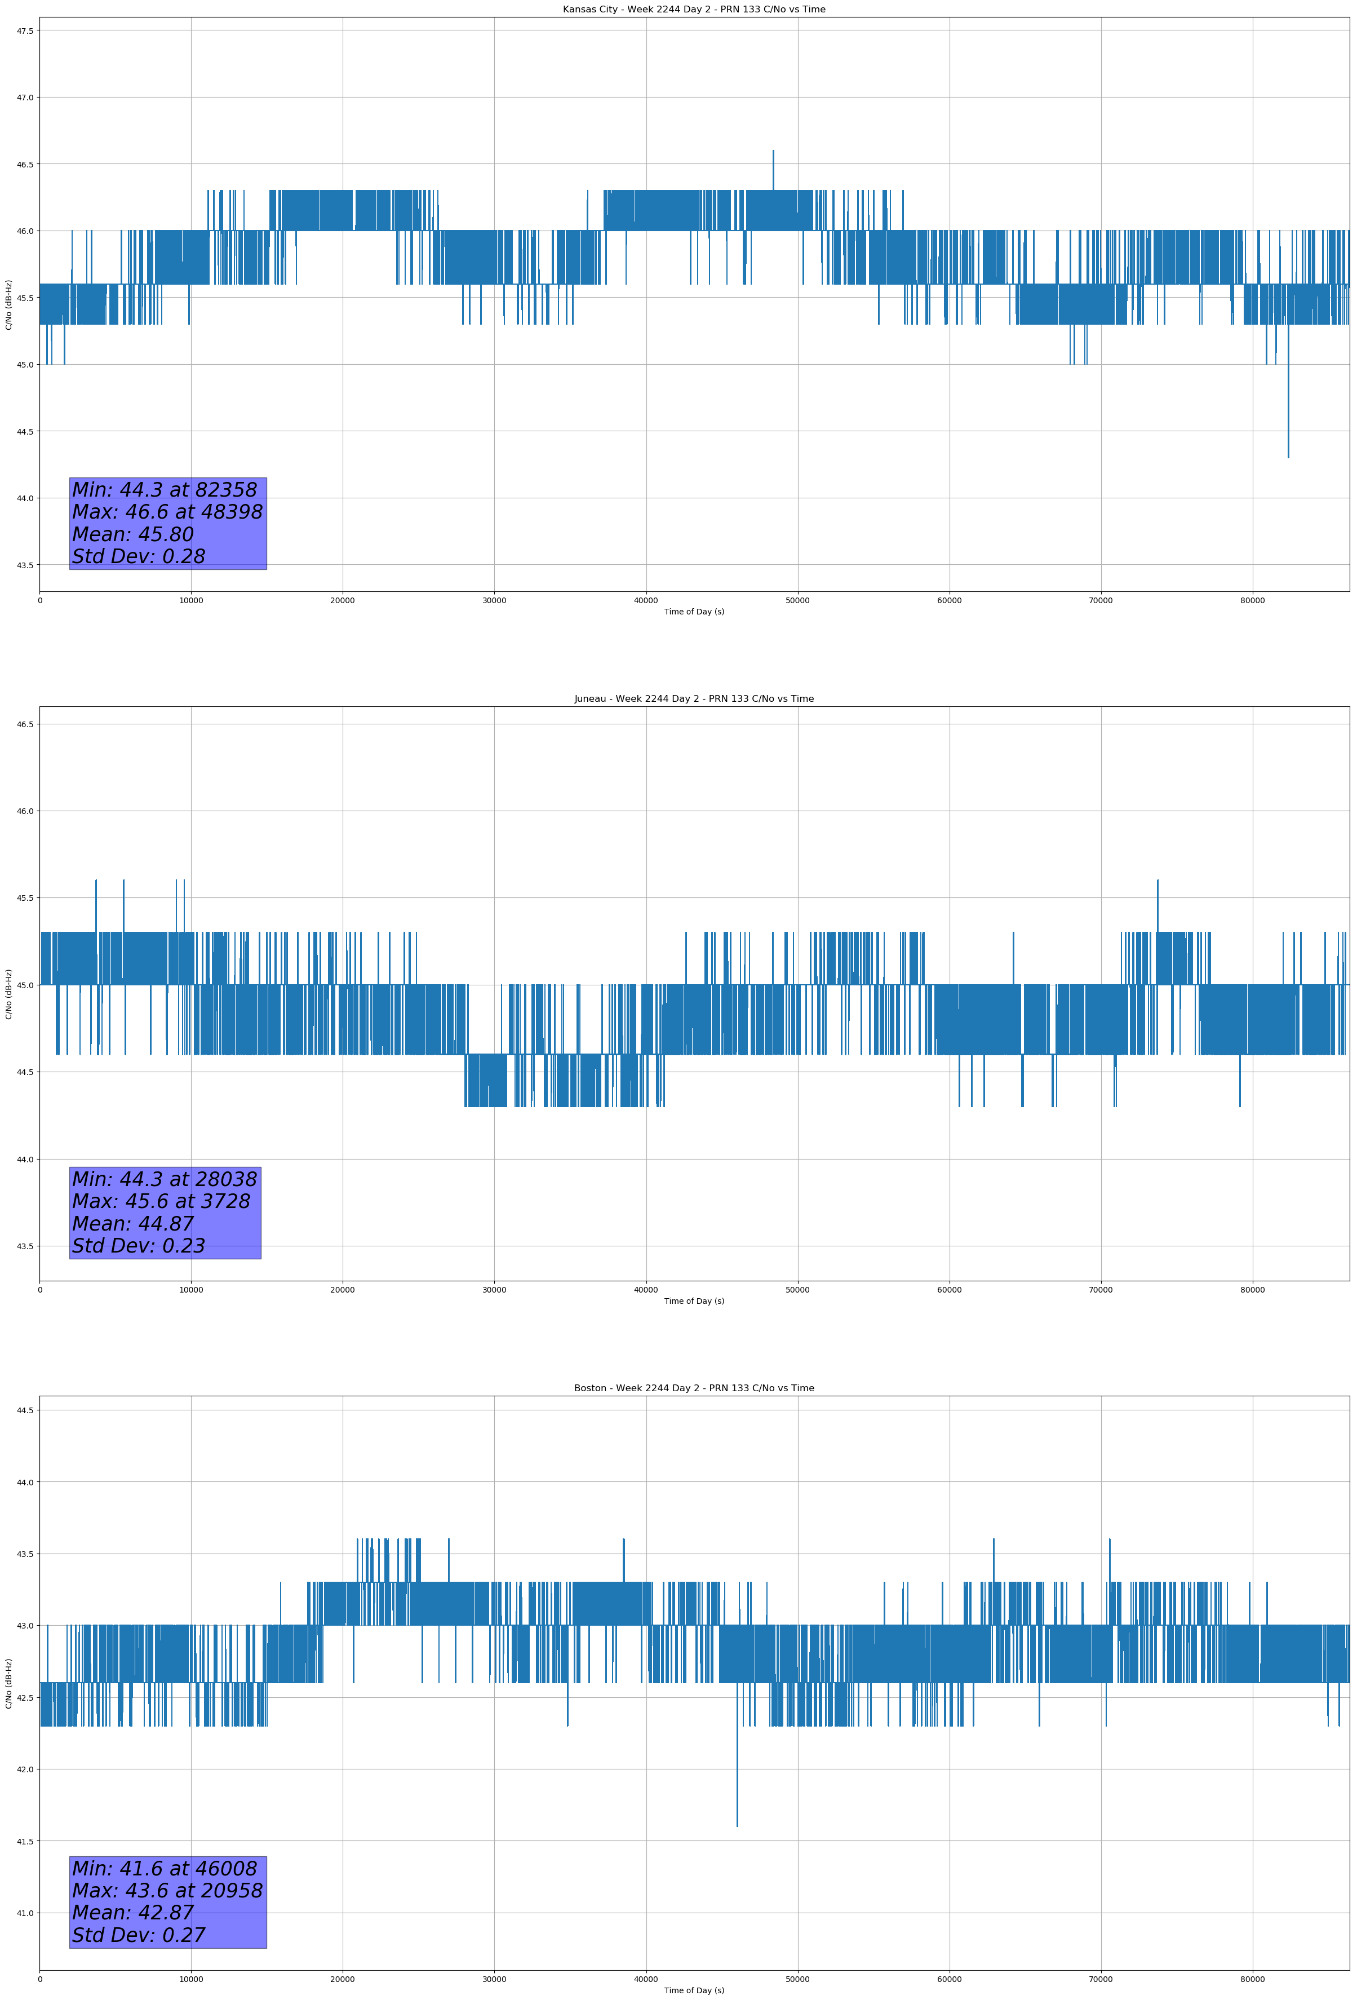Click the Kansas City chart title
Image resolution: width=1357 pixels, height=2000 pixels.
click(694, 10)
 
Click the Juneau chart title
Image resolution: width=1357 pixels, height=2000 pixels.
click(694, 699)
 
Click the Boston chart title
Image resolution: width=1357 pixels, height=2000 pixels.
click(694, 1388)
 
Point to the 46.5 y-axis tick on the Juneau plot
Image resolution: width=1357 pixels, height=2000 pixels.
click(24, 724)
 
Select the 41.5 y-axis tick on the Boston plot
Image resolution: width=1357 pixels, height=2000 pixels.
click(24, 1842)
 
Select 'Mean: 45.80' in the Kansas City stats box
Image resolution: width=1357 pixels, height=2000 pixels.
click(134, 534)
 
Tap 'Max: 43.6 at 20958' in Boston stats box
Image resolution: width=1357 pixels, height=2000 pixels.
click(167, 1891)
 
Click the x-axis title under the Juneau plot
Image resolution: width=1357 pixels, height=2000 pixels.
click(694, 1301)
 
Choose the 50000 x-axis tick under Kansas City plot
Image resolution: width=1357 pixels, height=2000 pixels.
click(797, 601)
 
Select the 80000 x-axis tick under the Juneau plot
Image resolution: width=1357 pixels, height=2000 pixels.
click(1252, 1290)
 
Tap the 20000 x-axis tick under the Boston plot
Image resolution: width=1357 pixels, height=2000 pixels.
click(343, 1979)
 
